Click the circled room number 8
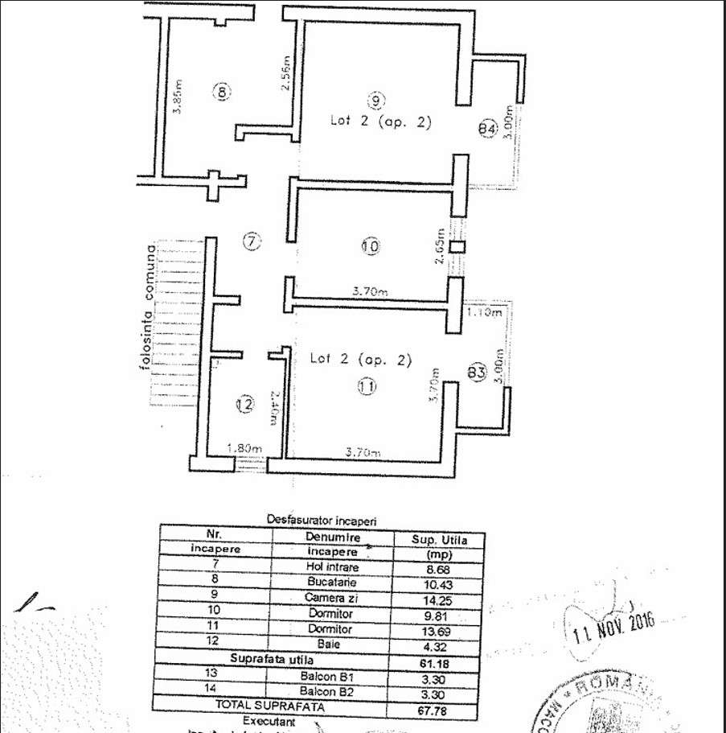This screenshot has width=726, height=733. (222, 91)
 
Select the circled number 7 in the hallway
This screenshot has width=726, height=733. (252, 241)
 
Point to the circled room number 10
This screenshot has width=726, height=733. (370, 247)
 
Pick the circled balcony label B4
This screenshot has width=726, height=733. (486, 128)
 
